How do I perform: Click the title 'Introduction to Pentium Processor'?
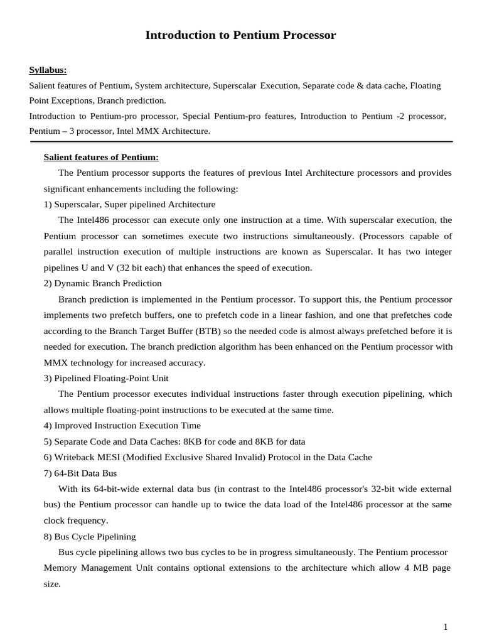(240, 36)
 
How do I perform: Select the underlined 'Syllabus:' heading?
(48, 70)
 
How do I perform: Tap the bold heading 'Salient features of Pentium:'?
(101, 156)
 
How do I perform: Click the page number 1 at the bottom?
(446, 627)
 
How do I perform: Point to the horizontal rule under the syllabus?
(240, 142)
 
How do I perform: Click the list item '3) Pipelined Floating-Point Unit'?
(106, 378)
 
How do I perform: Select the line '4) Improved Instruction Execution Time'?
(122, 425)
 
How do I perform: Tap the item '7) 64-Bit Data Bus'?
(80, 473)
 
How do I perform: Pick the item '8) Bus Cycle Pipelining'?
(90, 536)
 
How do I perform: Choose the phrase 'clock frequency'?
(75, 520)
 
